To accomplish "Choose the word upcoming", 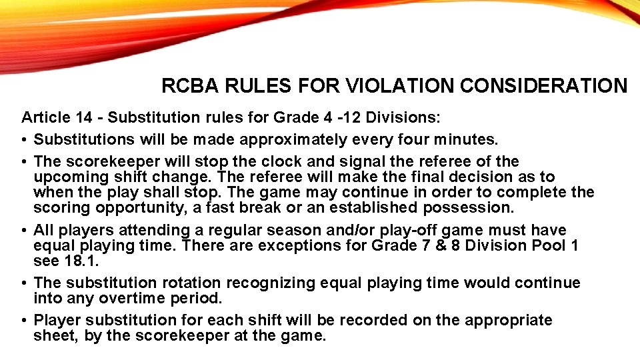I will [x=68, y=177].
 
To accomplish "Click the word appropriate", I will [x=509, y=320].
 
